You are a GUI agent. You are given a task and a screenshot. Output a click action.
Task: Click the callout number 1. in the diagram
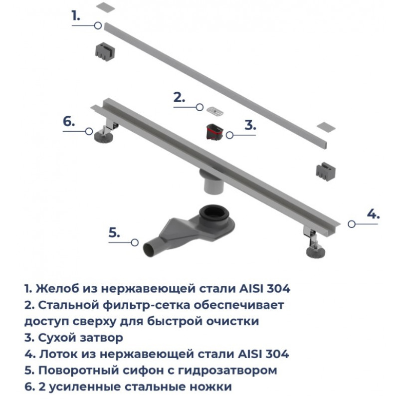[x=76, y=16]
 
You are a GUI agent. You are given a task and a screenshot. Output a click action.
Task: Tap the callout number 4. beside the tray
[x=373, y=214]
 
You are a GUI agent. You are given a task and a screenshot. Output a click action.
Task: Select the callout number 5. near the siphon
[x=114, y=232]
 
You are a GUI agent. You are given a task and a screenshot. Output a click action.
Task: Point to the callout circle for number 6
[x=89, y=131]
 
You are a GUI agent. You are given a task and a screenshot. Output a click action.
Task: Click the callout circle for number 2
[x=200, y=107]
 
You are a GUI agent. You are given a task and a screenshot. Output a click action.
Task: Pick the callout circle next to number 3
[x=229, y=135]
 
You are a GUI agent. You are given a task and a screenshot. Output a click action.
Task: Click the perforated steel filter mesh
[x=215, y=111]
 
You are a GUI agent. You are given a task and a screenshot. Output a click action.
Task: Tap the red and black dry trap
[x=214, y=132]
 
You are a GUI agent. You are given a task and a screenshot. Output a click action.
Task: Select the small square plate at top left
[x=106, y=7]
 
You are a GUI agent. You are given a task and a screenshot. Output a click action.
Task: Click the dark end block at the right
[x=326, y=171]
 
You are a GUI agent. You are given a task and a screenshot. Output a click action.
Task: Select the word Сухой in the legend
[x=57, y=338]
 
